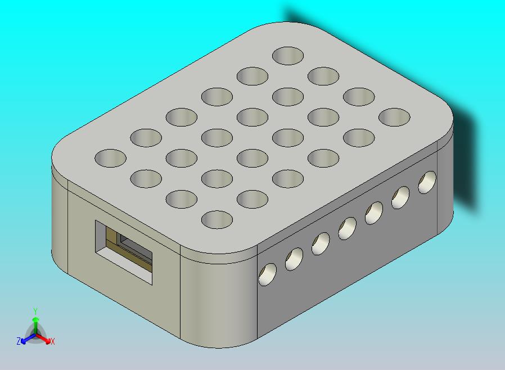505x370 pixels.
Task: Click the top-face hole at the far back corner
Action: pos(287,56)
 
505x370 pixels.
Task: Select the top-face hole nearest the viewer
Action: pos(217,219)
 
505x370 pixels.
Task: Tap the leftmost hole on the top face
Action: pos(110,158)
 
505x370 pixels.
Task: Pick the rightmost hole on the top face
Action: pos(394,117)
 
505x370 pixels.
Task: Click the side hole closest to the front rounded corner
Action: pos(267,274)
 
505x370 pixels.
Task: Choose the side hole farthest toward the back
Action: pos(427,182)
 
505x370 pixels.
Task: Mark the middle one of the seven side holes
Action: pos(347,228)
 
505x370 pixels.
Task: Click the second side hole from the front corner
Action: pos(294,259)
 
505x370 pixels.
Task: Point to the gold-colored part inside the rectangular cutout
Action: pos(116,242)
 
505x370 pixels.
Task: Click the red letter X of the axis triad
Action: pos(52,341)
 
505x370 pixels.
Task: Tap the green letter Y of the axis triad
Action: pos(35,311)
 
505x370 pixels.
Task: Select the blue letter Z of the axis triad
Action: pos(19,341)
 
